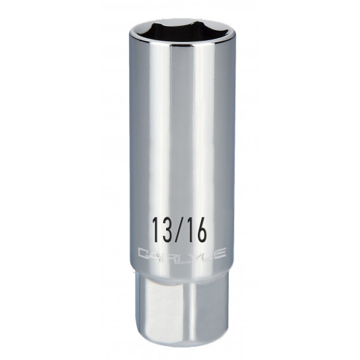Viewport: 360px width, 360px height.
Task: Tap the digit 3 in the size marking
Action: click(x=163, y=229)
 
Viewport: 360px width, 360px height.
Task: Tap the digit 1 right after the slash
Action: click(x=193, y=229)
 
